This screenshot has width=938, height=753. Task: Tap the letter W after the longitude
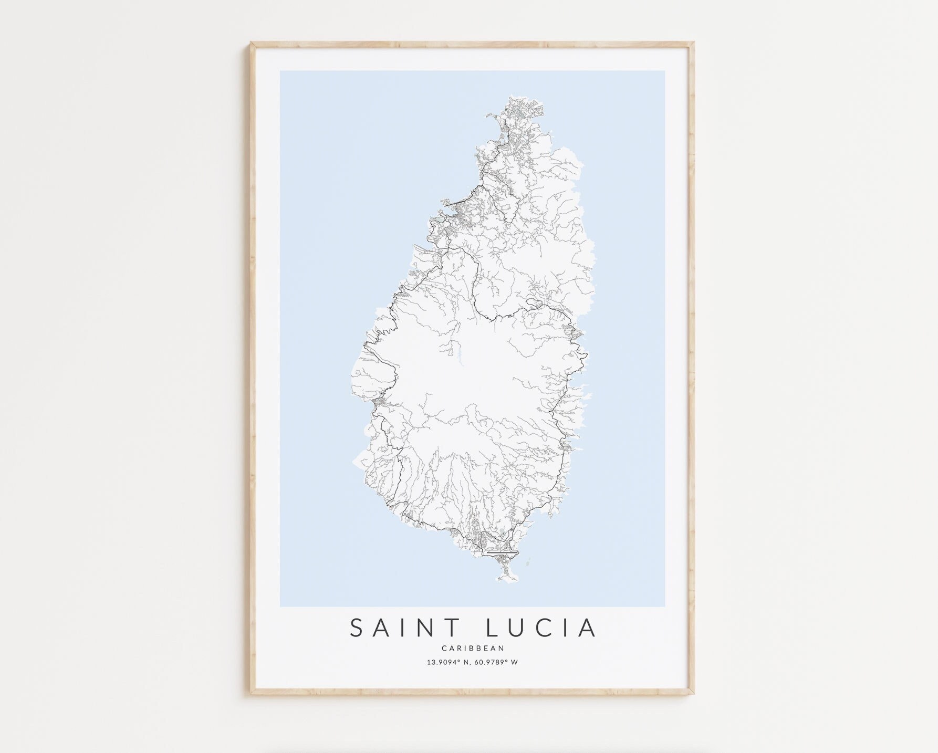(x=515, y=662)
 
